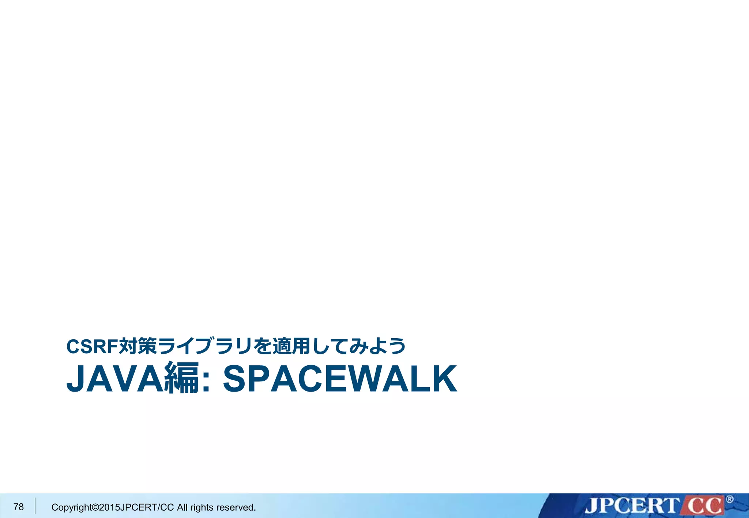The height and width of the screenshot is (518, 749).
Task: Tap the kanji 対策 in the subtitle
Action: click(x=138, y=346)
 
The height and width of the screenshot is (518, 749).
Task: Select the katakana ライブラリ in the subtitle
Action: click(x=205, y=346)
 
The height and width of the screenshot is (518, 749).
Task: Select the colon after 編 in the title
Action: click(x=206, y=382)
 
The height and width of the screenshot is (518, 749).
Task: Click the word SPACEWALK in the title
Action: click(x=340, y=379)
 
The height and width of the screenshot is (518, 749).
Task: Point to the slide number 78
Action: click(x=18, y=507)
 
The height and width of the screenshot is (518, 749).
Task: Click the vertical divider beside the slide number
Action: click(x=35, y=506)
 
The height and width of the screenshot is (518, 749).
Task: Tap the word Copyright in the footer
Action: click(x=71, y=507)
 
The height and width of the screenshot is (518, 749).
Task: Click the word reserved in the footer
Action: click(x=236, y=507)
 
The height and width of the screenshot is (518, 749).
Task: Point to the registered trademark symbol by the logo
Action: click(x=729, y=499)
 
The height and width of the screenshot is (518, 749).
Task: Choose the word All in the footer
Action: click(x=182, y=507)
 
